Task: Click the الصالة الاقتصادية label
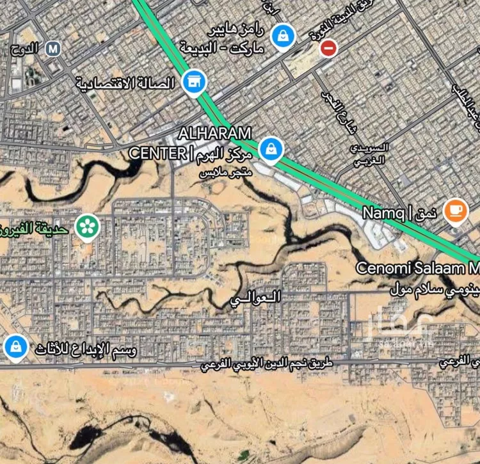(x=125, y=83)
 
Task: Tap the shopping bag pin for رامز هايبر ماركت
(x=282, y=35)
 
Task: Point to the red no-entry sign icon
(x=328, y=47)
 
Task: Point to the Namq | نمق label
(x=400, y=212)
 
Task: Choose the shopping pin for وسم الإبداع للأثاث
(x=15, y=347)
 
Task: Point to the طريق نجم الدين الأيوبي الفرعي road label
(x=267, y=365)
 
